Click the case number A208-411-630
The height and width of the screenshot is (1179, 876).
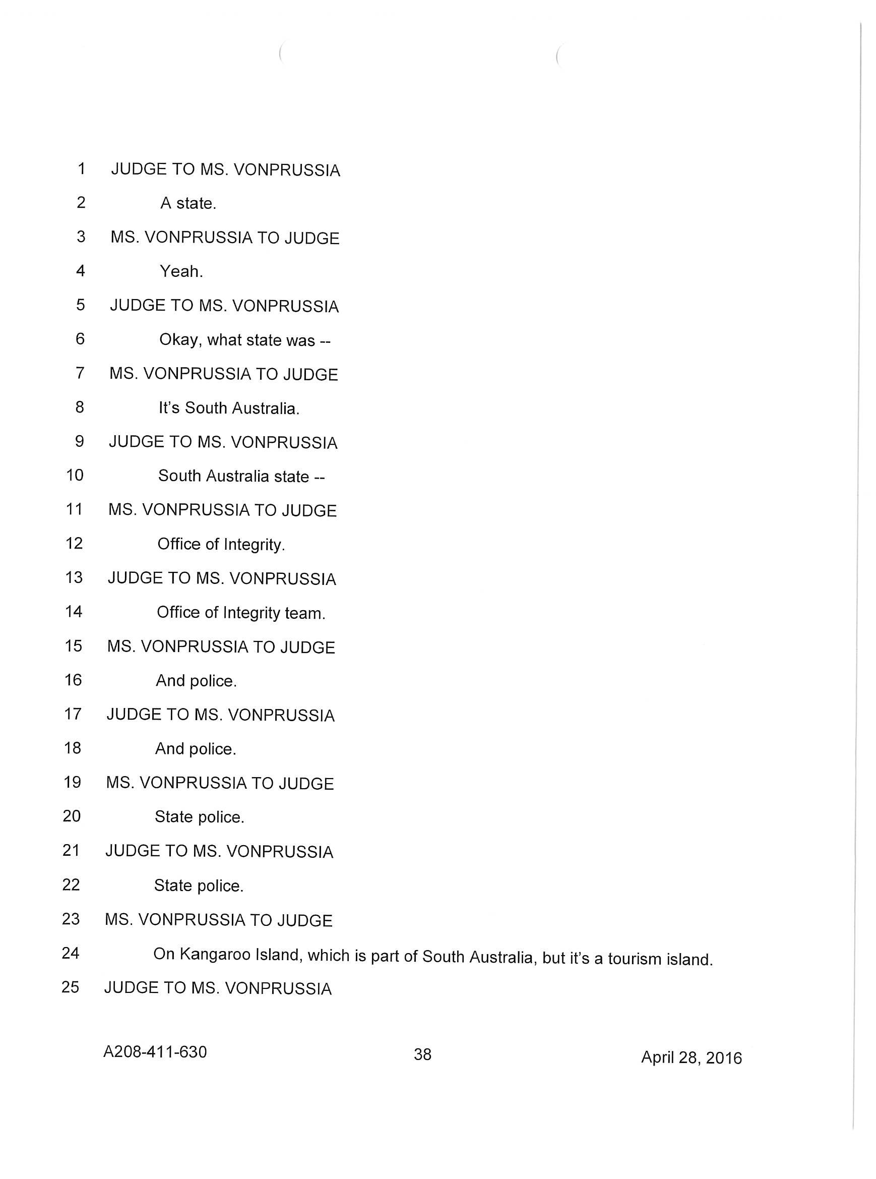click(x=155, y=1051)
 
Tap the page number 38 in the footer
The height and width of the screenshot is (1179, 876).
click(x=422, y=1054)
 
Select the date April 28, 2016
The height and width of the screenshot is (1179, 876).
click(x=691, y=1057)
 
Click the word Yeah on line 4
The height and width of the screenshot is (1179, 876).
click(x=181, y=272)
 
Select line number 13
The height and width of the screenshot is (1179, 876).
click(x=74, y=577)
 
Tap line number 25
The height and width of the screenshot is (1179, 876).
click(x=71, y=987)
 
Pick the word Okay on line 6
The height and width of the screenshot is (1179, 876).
click(x=180, y=339)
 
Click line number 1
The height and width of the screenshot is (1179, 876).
click(x=82, y=169)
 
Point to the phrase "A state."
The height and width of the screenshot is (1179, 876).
click(x=188, y=203)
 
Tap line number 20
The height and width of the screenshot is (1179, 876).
click(x=72, y=816)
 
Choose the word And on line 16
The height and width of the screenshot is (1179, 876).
click(x=170, y=680)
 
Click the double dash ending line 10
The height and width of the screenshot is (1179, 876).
click(x=319, y=477)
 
